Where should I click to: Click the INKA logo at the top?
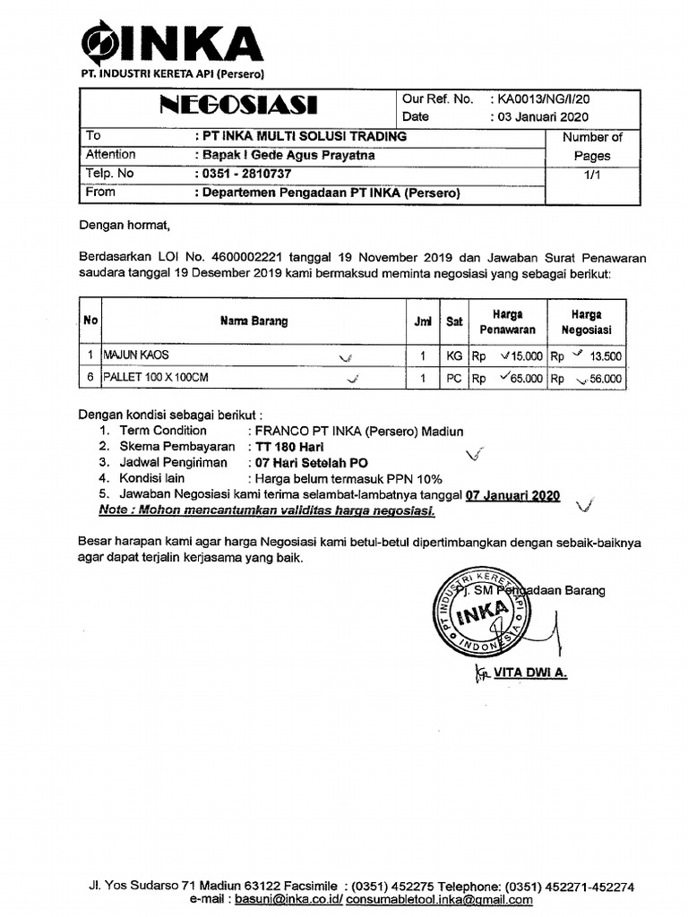tap(171, 43)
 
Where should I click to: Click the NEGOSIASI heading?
tap(238, 107)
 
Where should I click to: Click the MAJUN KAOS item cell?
tap(135, 356)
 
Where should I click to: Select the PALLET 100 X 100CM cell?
tap(156, 378)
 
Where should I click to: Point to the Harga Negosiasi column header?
tap(587, 321)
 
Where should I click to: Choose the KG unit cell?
tap(454, 356)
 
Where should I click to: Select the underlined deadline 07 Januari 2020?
tap(512, 495)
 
